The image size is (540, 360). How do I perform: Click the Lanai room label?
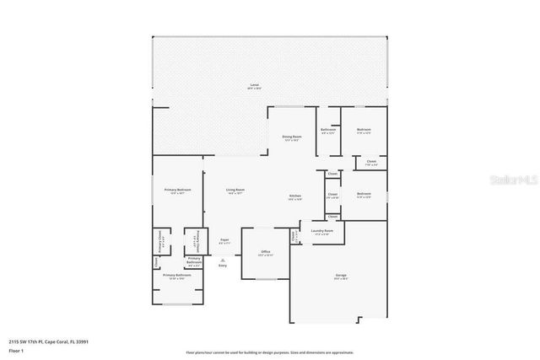click(254, 86)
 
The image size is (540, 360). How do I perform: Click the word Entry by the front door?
click(223, 266)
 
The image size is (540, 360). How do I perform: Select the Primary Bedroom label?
click(177, 191)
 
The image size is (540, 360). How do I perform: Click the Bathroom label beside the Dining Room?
click(328, 130)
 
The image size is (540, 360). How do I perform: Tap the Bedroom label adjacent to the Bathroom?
click(364, 130)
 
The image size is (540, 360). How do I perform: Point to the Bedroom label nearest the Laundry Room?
click(364, 195)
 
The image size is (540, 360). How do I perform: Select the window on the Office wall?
click(266, 278)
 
